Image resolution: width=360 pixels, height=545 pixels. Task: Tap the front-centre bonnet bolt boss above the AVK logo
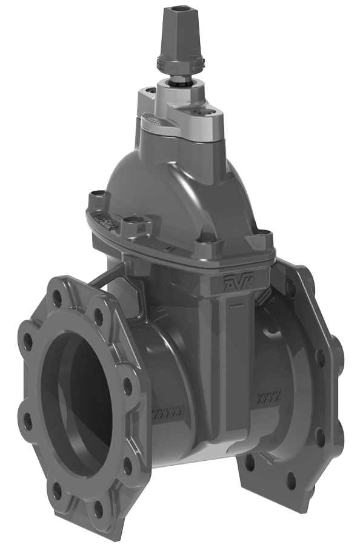tap(204, 247)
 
